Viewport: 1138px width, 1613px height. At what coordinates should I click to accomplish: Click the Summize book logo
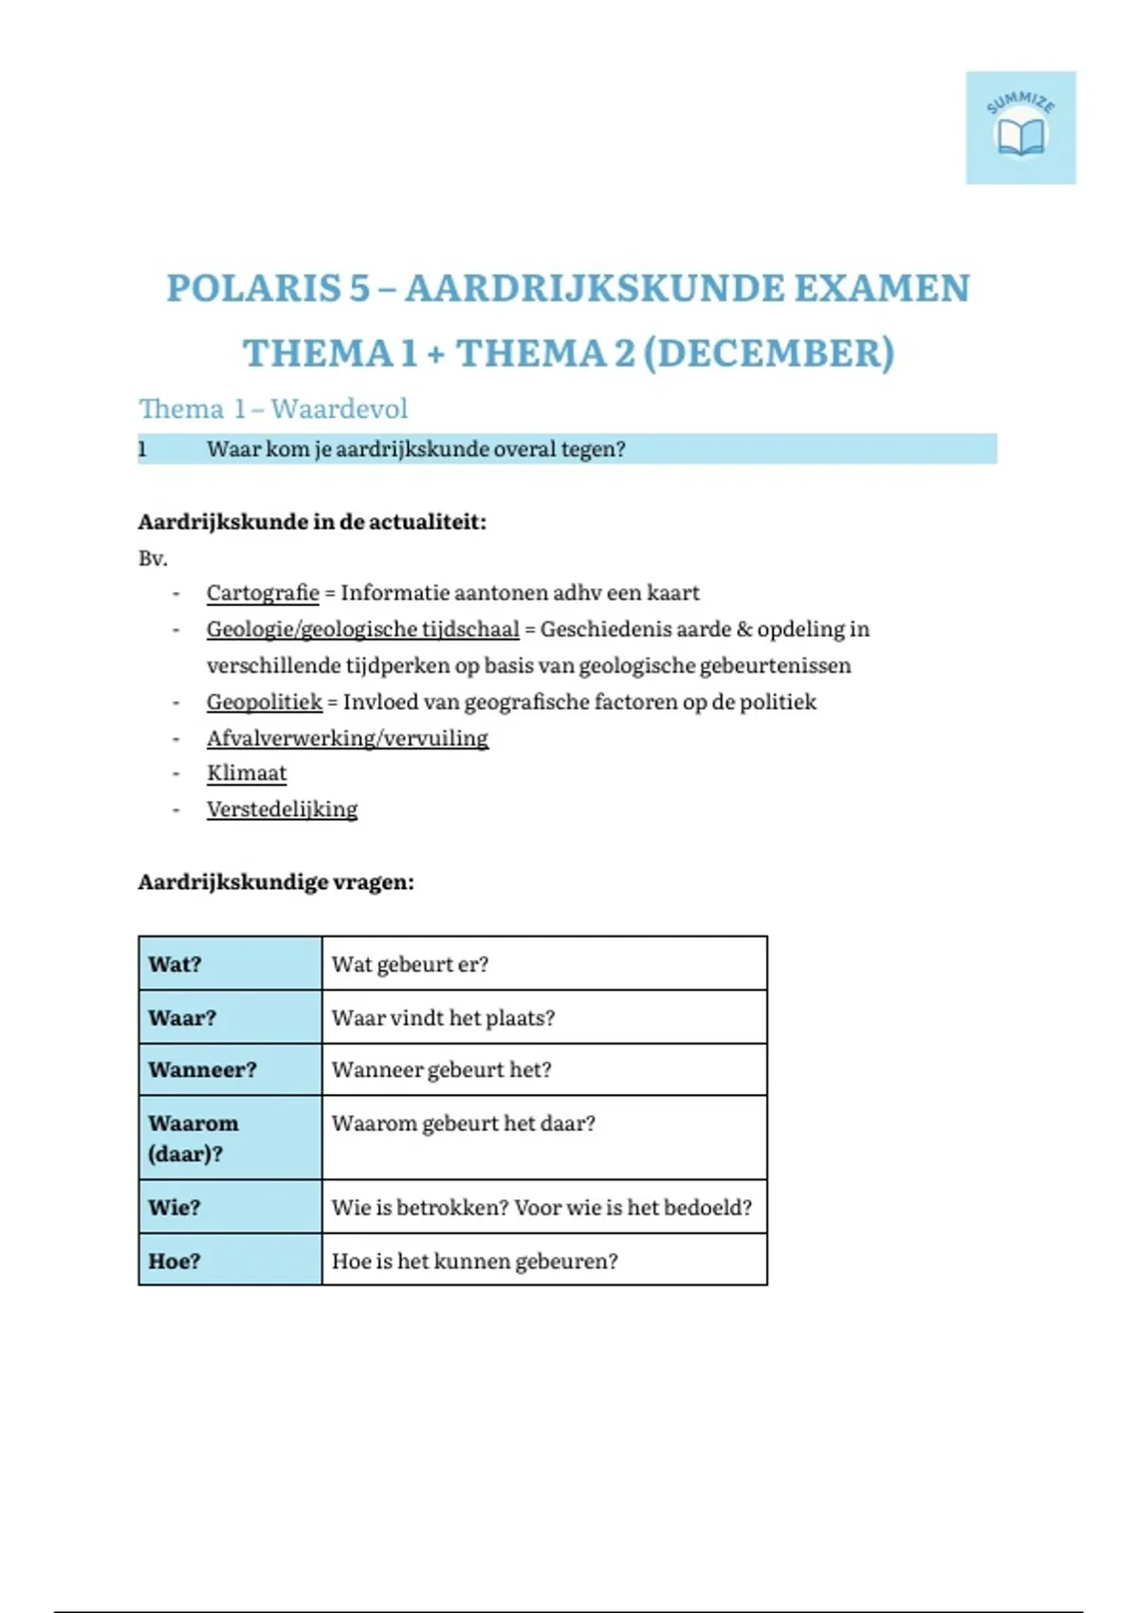[1020, 128]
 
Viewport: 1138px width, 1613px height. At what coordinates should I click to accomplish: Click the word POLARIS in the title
[267, 288]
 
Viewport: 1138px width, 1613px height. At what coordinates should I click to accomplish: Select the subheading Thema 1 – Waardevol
[273, 409]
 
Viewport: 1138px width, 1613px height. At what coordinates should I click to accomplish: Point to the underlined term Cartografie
[263, 593]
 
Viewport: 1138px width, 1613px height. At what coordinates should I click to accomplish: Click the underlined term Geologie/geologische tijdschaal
[362, 629]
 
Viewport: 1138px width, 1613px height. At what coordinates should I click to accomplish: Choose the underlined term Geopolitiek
[265, 702]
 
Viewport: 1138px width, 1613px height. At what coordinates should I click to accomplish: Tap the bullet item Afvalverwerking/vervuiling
[347, 738]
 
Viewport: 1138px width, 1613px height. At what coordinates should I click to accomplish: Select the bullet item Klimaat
[247, 773]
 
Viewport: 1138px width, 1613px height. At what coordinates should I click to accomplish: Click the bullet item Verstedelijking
[282, 809]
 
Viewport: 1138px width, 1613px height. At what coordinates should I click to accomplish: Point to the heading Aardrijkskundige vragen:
[276, 882]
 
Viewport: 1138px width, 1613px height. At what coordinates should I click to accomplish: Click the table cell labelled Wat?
[229, 964]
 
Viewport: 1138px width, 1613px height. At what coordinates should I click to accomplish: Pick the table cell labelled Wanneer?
[229, 1069]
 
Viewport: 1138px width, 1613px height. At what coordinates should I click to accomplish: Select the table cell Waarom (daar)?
[229, 1138]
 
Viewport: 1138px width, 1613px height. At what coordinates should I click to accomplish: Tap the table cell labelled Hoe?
[229, 1260]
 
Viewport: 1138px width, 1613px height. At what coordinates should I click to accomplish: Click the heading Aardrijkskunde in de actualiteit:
[312, 522]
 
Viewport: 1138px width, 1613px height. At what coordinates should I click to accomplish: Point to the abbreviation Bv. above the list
[153, 558]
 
